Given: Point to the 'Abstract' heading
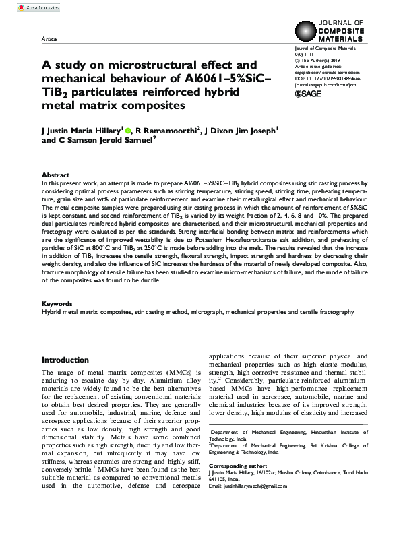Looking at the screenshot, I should [x=55, y=174].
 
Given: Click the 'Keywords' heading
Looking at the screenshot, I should [x=57, y=305].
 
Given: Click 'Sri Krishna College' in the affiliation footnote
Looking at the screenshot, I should [x=317, y=445].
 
